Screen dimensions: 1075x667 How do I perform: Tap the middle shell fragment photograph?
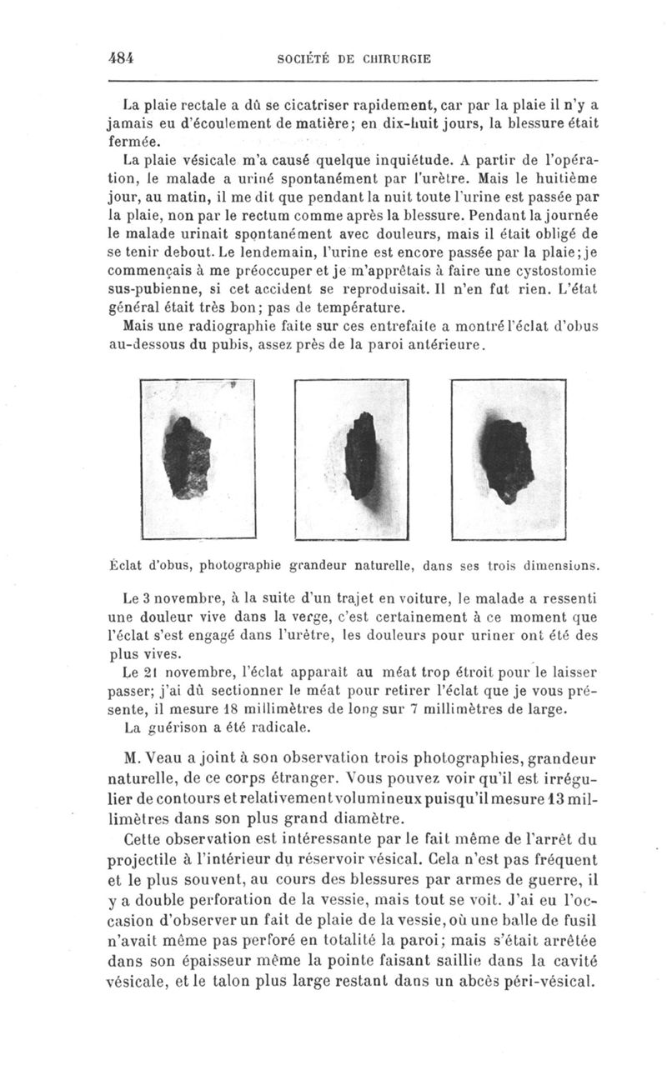[352, 454]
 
